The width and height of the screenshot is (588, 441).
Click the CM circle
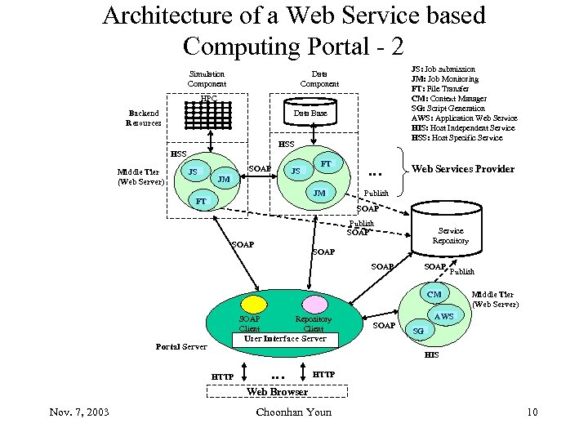434,295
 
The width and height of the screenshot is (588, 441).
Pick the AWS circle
444,316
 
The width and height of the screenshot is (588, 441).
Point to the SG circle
418,331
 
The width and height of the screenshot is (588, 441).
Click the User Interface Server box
279,338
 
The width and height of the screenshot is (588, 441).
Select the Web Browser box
277,392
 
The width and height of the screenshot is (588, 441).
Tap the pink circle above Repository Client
315,305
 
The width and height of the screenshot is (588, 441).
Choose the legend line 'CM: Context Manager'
450,99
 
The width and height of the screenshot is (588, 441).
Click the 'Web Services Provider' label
462,169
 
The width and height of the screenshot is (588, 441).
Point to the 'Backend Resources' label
143,118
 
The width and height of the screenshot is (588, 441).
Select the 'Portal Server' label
180,347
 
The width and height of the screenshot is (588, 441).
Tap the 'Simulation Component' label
206,78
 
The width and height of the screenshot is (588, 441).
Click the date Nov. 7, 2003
78,412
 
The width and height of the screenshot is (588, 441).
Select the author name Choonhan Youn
293,412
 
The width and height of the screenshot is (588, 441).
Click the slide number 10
532,412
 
